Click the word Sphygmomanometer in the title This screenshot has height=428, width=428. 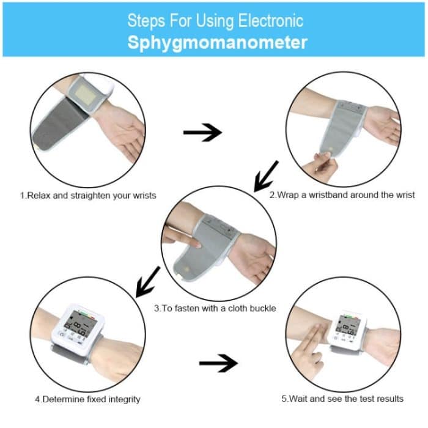click(x=217, y=43)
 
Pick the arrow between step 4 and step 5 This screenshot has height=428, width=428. click(x=218, y=363)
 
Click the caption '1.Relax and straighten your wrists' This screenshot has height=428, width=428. click(x=88, y=196)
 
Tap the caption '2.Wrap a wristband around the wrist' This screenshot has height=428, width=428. click(x=342, y=195)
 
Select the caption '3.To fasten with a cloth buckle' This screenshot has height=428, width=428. click(x=215, y=308)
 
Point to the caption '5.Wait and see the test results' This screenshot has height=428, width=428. click(x=342, y=399)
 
